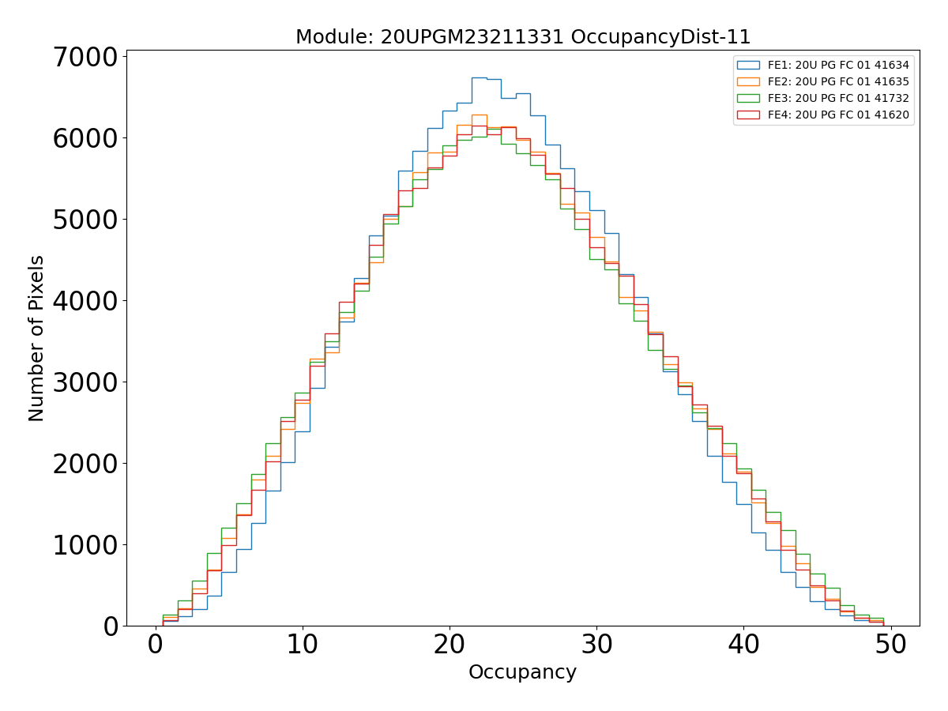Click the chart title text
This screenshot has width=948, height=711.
(x=522, y=37)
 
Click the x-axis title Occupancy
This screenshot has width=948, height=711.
(x=522, y=672)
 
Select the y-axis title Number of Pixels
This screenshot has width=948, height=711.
(x=37, y=338)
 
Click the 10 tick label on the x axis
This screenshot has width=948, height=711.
(x=303, y=646)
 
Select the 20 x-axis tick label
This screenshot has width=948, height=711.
(x=450, y=646)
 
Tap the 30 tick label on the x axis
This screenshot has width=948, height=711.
(x=596, y=646)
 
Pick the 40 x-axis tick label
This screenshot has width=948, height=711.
(x=743, y=646)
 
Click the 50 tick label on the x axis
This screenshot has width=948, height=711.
(x=890, y=646)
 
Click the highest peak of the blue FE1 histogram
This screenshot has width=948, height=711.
(x=479, y=77)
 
